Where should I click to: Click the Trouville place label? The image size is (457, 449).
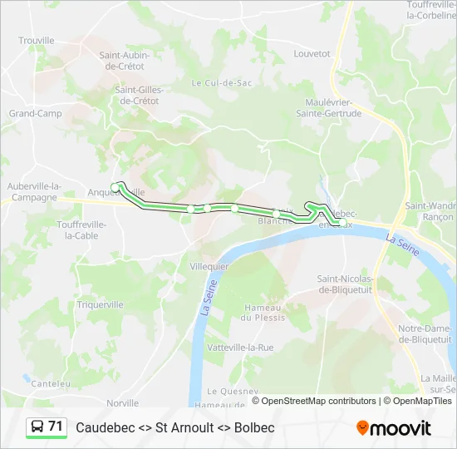pyautogui.click(x=36, y=40)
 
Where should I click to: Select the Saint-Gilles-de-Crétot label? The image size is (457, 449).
pyautogui.click(x=137, y=95)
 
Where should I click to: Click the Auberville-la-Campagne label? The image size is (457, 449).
pyautogui.click(x=34, y=191)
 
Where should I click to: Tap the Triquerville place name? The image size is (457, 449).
pyautogui.click(x=100, y=304)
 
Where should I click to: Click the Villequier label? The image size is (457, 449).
pyautogui.click(x=209, y=266)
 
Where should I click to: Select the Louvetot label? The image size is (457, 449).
pyautogui.click(x=312, y=53)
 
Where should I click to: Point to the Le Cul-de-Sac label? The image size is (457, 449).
pyautogui.click(x=221, y=82)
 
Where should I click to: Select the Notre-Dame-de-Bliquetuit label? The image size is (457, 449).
pyautogui.click(x=424, y=333)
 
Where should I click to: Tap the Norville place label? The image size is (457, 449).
pyautogui.click(x=122, y=402)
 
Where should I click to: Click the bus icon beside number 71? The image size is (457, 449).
pyautogui.click(x=37, y=427)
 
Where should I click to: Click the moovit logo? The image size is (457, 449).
pyautogui.click(x=394, y=428)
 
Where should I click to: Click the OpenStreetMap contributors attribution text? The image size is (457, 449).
pyautogui.click(x=313, y=401)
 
